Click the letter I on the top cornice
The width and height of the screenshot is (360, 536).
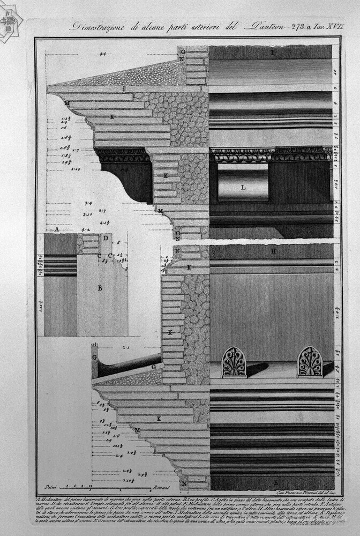272,53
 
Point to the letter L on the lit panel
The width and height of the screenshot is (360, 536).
243,188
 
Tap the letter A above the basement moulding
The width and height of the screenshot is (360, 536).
56,229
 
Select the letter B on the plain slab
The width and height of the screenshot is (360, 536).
100,288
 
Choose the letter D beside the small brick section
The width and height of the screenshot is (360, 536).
106,237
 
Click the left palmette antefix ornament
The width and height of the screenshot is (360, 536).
234,362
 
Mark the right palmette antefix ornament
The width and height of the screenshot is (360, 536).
310,362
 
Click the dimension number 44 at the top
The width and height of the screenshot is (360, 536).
102,54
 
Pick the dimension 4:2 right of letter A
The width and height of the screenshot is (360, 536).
85,229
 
